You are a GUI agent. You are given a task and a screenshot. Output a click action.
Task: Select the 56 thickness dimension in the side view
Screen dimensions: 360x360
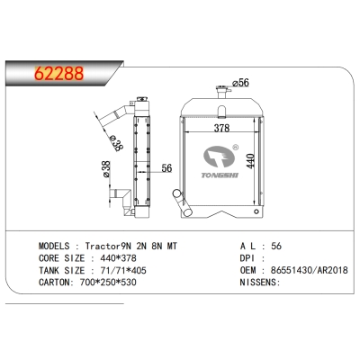(x=166, y=167)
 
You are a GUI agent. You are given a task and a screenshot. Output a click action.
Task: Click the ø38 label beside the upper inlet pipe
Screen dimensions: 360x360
(x=114, y=141)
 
